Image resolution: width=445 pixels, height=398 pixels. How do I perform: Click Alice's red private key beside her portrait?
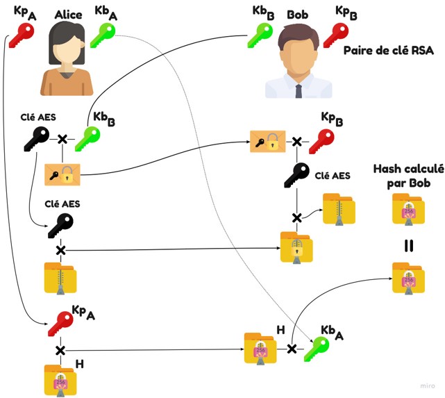coord(22,35)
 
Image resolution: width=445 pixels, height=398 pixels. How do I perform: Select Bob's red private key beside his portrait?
coord(336,35)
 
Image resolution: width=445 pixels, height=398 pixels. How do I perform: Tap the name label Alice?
coord(69,15)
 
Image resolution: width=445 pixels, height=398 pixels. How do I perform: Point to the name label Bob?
coord(297,15)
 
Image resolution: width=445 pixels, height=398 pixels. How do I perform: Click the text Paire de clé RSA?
coord(389,51)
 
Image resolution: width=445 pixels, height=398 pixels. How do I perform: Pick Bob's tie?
coord(299,91)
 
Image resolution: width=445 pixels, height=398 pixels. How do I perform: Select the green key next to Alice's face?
coord(103,35)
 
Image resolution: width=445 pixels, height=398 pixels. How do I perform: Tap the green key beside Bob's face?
coord(260,35)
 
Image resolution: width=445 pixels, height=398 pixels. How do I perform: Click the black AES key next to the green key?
coord(37,139)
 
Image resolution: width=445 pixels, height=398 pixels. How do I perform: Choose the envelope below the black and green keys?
coord(62,174)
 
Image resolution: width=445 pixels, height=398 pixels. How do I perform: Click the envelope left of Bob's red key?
coord(268,142)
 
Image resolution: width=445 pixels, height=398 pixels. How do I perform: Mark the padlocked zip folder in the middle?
coord(296,247)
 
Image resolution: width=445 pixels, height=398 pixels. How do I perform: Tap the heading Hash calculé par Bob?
coord(409,176)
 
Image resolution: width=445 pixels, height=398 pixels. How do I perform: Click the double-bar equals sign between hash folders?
coord(409,246)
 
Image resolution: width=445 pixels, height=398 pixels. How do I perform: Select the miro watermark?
coord(428,385)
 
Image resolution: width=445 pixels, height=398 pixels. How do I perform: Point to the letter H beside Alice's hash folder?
coord(80,364)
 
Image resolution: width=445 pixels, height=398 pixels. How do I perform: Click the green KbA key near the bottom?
coord(317,349)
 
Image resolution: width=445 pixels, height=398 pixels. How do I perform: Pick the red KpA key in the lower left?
coord(60,324)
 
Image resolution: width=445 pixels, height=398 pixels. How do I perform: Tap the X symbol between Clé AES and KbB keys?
coord(62,139)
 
